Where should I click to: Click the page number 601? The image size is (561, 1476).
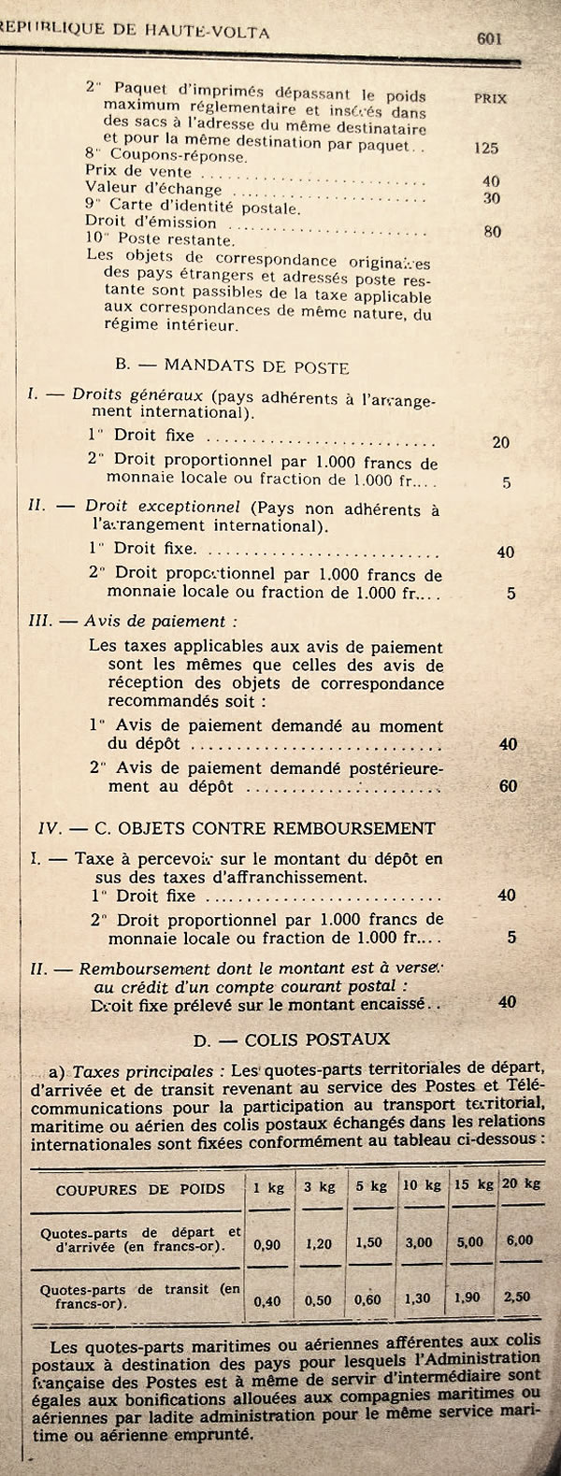click(490, 38)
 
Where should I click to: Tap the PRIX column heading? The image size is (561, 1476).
click(490, 98)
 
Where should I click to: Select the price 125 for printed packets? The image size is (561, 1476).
click(486, 148)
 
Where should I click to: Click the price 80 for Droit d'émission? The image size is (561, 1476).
click(493, 231)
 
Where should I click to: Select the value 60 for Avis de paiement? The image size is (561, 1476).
click(508, 786)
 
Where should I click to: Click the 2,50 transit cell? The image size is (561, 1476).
click(517, 1297)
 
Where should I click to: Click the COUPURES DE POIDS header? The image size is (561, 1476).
click(140, 1189)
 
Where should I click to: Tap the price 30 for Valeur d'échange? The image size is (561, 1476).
click(491, 198)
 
